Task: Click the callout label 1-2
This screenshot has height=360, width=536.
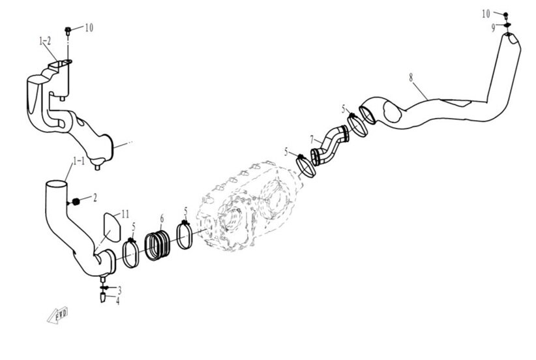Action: (45, 41)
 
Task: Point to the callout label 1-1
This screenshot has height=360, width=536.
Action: (79, 160)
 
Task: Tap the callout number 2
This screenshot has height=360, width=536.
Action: (95, 197)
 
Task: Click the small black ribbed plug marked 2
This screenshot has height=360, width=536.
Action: (76, 202)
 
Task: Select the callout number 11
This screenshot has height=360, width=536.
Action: (125, 214)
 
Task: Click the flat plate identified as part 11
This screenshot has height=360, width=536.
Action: (112, 227)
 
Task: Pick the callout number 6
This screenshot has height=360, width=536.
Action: (162, 218)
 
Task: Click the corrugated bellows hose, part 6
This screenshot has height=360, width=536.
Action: (158, 245)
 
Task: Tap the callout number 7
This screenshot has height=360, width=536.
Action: (312, 140)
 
